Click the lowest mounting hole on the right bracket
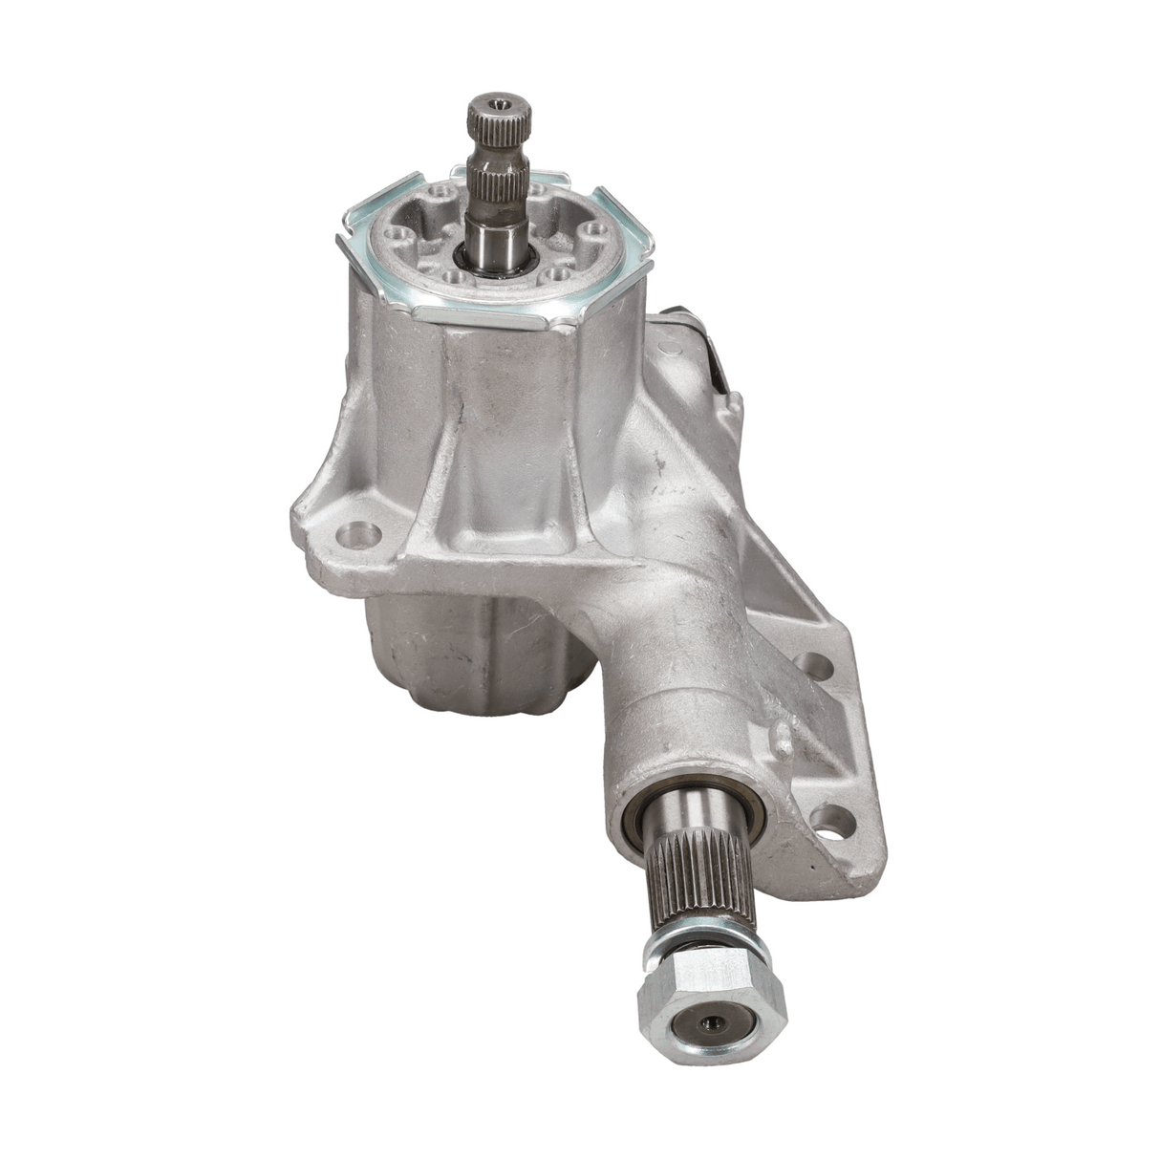point(833,819)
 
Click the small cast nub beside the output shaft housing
point(782,737)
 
